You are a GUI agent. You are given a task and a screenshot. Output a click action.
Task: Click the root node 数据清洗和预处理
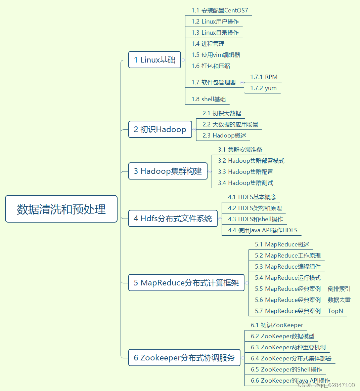tap(61, 209)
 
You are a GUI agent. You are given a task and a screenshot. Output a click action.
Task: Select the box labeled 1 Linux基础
tap(154, 60)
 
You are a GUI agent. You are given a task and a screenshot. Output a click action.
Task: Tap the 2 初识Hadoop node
tap(160, 129)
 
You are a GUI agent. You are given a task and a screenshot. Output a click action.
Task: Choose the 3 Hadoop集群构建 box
tap(168, 171)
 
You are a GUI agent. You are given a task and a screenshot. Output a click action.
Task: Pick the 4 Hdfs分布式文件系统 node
tap(173, 219)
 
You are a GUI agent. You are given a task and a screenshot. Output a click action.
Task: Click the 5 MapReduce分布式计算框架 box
tap(186, 283)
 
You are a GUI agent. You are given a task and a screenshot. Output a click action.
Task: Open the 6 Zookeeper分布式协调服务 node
tap(184, 358)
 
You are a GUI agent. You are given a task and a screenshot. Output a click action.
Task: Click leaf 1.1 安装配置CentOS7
tap(220, 10)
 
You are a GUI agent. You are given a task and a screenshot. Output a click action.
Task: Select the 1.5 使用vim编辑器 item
tap(216, 55)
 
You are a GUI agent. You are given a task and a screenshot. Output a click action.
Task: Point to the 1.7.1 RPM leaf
tap(264, 77)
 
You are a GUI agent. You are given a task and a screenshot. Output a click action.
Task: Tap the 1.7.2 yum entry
tap(263, 88)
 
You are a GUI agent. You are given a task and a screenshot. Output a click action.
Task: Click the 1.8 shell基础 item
tap(209, 99)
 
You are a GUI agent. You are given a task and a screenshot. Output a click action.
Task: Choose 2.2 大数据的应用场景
tap(230, 124)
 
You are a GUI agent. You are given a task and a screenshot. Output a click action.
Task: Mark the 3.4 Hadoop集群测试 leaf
tap(245, 183)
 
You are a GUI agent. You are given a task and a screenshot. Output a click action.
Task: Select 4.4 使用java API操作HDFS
tap(262, 230)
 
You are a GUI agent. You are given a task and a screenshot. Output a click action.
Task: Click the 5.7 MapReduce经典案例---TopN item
tap(299, 311)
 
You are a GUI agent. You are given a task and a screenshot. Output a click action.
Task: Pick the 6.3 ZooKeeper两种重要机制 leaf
tap(288, 347)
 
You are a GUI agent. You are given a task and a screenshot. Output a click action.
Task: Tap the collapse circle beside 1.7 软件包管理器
tap(242, 82)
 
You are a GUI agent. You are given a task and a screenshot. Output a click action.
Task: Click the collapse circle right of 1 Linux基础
tap(183, 60)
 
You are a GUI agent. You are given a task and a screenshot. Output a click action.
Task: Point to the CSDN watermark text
tap(326, 385)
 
